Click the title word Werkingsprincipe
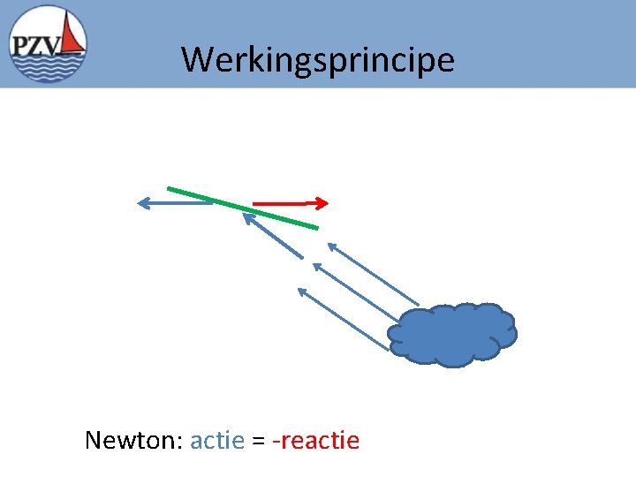[318, 60]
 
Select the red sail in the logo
[74, 36]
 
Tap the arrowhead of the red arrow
[323, 203]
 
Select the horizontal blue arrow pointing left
[175, 203]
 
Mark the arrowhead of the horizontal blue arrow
[144, 203]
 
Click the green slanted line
[242, 208]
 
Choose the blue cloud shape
[452, 335]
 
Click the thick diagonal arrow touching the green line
[274, 237]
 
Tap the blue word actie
[216, 440]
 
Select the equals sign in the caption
[259, 441]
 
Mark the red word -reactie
[316, 440]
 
